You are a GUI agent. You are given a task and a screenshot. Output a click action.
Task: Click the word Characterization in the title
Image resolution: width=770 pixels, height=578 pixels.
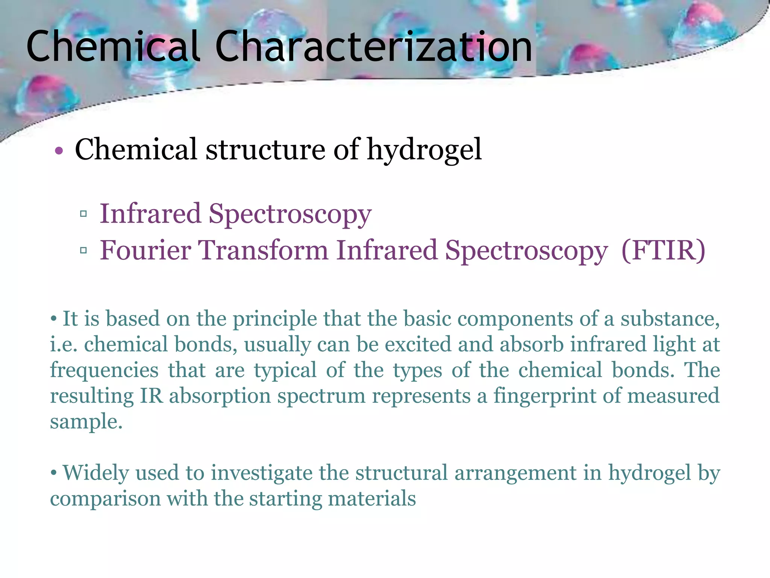pyautogui.click(x=374, y=47)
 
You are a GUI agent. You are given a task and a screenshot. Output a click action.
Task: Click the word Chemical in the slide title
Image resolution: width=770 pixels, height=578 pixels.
pyautogui.click(x=112, y=47)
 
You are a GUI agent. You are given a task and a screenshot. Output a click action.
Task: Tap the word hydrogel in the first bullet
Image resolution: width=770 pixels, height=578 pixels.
pyautogui.click(x=424, y=150)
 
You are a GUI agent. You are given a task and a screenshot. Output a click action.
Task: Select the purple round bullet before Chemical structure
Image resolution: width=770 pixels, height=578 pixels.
pyautogui.click(x=59, y=151)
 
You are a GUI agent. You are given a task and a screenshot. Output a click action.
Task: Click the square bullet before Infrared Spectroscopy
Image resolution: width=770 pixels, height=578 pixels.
pyautogui.click(x=83, y=214)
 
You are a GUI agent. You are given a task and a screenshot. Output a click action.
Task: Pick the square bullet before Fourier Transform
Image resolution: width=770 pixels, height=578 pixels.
pyautogui.click(x=83, y=250)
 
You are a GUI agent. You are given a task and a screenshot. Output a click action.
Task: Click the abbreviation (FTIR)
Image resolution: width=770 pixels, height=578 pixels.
pyautogui.click(x=664, y=250)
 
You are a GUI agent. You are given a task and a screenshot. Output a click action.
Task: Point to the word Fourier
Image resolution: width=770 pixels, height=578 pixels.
pyautogui.click(x=146, y=250)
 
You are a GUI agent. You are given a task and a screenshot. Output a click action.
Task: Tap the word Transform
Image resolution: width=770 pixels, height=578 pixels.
pyautogui.click(x=263, y=250)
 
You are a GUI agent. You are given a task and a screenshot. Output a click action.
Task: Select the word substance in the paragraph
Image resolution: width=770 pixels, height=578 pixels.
pyautogui.click(x=670, y=319)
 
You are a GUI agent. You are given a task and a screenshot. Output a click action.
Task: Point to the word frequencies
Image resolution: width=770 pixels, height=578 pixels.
pyautogui.click(x=104, y=370)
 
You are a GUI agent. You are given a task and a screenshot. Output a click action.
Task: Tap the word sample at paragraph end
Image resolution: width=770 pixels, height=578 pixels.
pyautogui.click(x=86, y=422)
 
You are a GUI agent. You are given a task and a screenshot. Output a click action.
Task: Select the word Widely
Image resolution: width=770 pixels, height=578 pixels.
pyautogui.click(x=95, y=473)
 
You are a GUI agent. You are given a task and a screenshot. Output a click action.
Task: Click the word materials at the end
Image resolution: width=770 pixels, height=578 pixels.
pyautogui.click(x=372, y=499)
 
